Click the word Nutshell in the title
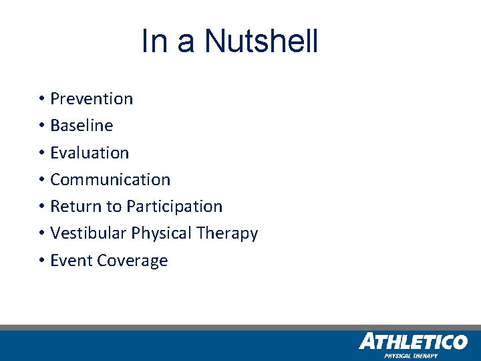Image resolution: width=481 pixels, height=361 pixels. [261, 41]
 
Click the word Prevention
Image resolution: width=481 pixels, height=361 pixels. [92, 99]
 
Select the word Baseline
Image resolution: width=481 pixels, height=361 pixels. [82, 126]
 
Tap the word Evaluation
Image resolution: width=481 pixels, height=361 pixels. [90, 152]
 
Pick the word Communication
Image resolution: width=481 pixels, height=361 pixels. [110, 180]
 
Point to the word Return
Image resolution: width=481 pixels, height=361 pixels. [71, 207]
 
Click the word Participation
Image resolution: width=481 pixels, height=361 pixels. [174, 207]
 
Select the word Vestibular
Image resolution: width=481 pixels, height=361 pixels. [88, 233]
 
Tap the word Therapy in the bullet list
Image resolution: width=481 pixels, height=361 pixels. [227, 233]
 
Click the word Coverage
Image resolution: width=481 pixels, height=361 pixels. [132, 261]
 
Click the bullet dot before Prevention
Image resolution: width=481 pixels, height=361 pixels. [41, 99]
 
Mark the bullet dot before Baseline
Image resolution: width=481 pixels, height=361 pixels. [41, 126]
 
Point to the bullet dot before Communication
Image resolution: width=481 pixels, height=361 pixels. [41, 180]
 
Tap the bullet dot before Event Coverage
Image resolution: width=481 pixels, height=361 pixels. [41, 261]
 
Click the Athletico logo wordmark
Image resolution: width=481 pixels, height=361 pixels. [413, 342]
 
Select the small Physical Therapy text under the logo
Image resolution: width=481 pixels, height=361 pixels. [410, 356]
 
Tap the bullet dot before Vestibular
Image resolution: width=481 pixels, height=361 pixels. [41, 233]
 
